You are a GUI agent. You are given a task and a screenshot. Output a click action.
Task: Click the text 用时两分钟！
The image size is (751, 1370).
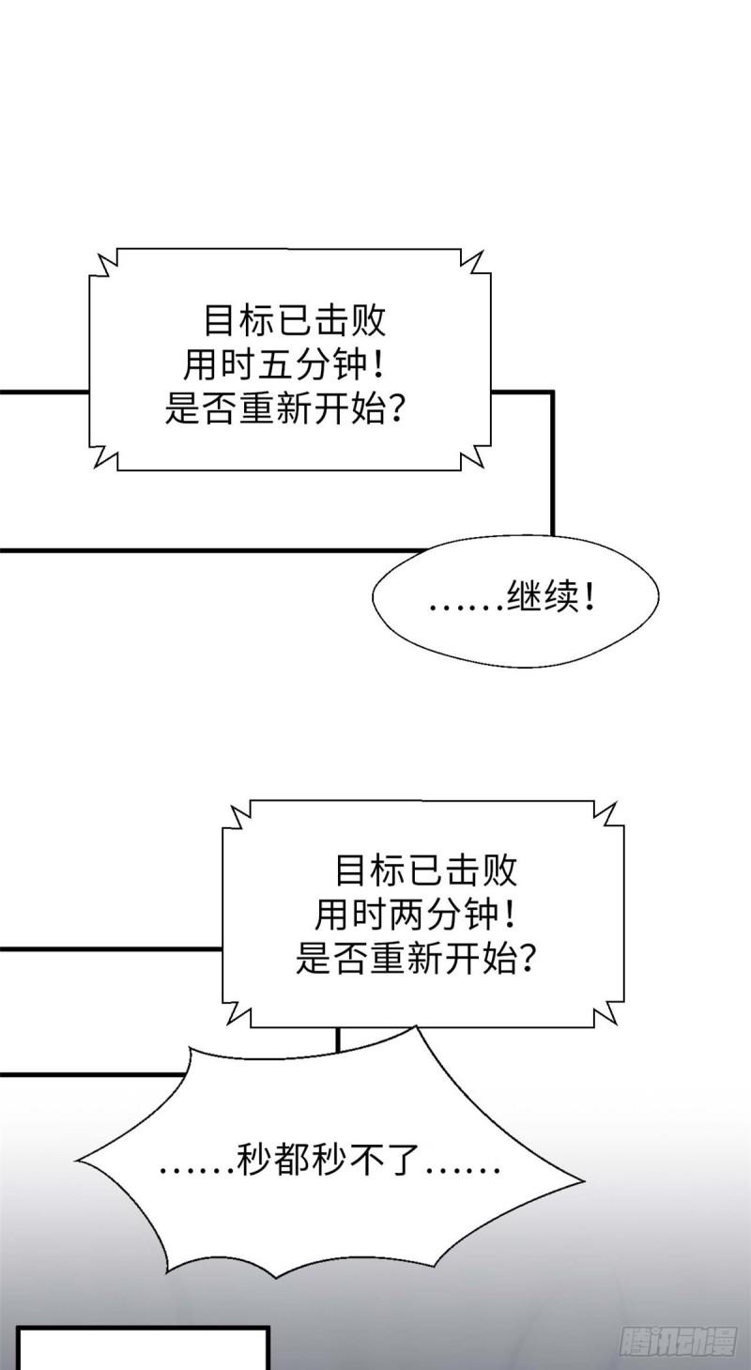pyautogui.click(x=420, y=915)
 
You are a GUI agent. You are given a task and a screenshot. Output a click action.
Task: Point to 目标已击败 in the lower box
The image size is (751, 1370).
pyautogui.click(x=425, y=871)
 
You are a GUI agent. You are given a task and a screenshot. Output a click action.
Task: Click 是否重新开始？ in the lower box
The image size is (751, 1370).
pyautogui.click(x=416, y=958)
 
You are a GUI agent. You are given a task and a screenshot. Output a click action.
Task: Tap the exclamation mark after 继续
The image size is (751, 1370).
pyautogui.click(x=589, y=600)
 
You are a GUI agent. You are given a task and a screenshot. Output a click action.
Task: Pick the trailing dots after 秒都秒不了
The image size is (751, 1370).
pyautogui.click(x=462, y=1173)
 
